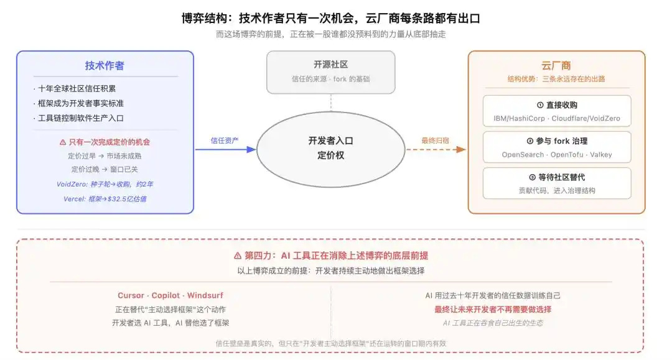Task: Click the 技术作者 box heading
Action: (105, 65)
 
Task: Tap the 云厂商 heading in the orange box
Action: (556, 65)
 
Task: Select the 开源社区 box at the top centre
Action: (330, 72)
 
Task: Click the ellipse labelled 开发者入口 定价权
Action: (330, 149)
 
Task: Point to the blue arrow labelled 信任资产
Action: (225, 149)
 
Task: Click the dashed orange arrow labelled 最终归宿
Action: (436, 149)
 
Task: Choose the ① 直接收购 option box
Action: (557, 111)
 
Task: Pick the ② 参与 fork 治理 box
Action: (557, 147)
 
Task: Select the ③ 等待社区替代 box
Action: (557, 183)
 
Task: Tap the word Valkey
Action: (601, 155)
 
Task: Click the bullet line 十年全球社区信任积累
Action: (77, 89)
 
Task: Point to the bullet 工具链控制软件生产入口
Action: (80, 118)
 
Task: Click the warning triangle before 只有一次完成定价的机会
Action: (63, 142)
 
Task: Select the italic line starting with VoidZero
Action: (105, 184)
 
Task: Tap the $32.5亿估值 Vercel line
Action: (105, 198)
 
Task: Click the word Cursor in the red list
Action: (131, 295)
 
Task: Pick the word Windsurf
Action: (205, 295)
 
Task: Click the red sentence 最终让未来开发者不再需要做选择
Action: (493, 309)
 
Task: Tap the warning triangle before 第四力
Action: (238, 256)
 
